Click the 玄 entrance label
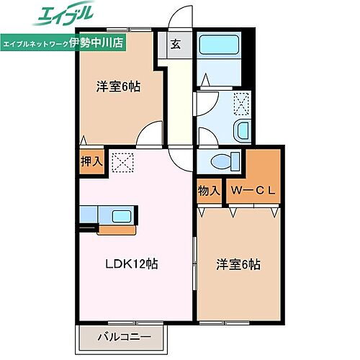[176, 42]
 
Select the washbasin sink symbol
[243, 130]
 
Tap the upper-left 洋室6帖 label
[119, 87]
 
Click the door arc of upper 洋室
[149, 133]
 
